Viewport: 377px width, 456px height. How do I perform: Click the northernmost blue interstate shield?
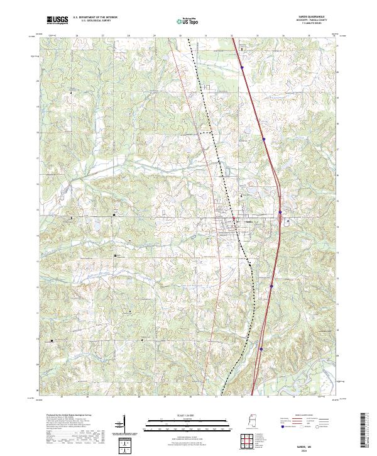[x=241, y=63]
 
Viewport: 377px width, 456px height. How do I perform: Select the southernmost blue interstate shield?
[x=261, y=344]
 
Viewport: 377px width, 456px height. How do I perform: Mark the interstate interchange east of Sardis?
[x=278, y=220]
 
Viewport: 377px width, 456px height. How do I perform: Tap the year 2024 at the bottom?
[x=304, y=450]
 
